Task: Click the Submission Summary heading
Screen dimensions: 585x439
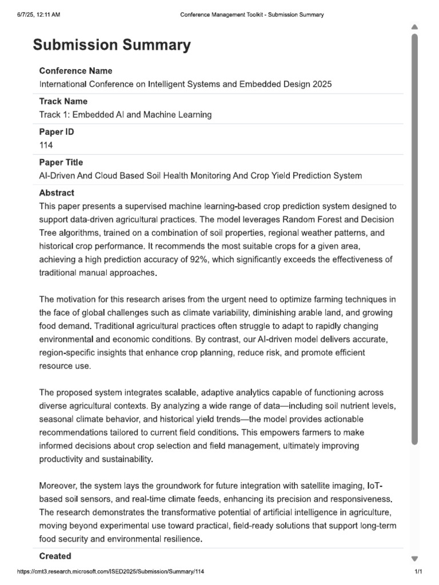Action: [x=112, y=45]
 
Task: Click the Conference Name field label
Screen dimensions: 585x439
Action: [x=75, y=71]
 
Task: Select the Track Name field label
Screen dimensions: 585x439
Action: [x=63, y=101]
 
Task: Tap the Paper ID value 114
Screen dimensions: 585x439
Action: [x=46, y=145]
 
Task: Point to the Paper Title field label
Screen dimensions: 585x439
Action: [x=61, y=162]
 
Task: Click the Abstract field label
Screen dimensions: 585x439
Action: [x=57, y=193]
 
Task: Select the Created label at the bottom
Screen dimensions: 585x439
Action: [x=55, y=556]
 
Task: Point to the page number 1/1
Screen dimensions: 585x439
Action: [x=418, y=572]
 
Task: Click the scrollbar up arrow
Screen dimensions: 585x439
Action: [x=414, y=27]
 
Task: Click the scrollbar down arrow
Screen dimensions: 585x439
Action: [x=414, y=558]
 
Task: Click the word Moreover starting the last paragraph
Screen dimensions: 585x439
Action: [x=58, y=486]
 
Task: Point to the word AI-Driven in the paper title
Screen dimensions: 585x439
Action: [x=57, y=175]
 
